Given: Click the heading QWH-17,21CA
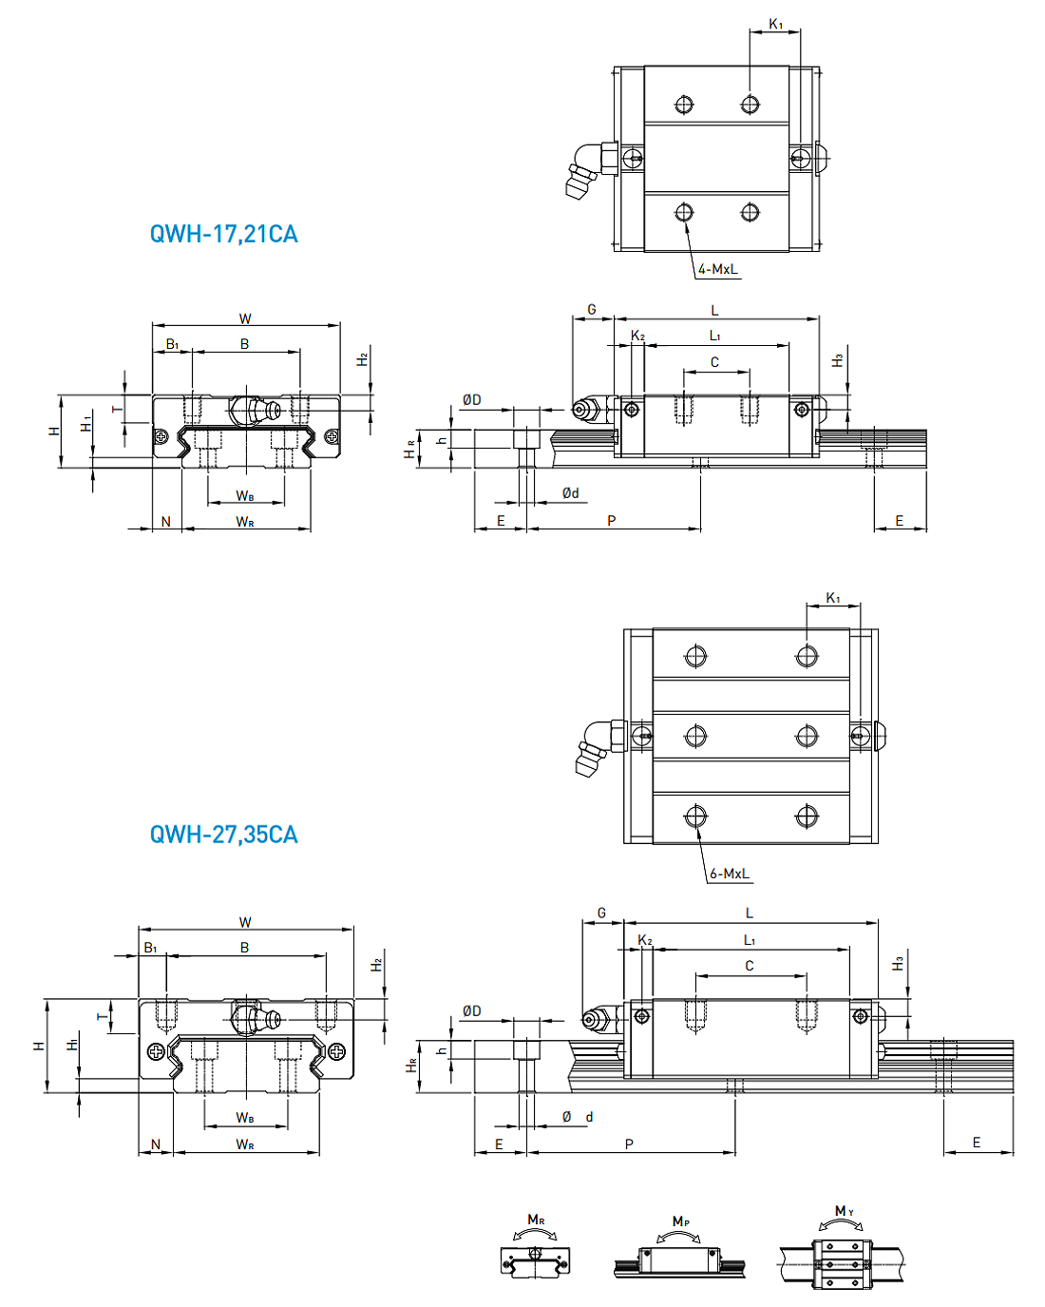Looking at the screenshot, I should coord(223,234).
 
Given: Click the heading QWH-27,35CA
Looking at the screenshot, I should coord(223,835).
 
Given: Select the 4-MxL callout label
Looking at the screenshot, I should coord(717,269).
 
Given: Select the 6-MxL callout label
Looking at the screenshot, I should coord(729,874).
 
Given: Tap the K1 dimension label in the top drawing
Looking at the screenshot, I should coord(776,24).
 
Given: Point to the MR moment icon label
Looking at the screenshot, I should coord(536,1220).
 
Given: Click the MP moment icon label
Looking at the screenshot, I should coord(680,1221).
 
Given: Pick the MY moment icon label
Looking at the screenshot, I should coord(844,1211).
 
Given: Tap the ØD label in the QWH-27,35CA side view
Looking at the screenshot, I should coord(471,1010).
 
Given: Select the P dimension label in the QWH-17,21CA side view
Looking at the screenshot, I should coord(611,520).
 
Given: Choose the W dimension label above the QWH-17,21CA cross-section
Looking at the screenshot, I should coord(245,318).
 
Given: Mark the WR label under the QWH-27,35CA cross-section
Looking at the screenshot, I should coord(245,1144).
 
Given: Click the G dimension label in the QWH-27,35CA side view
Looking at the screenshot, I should coord(601,913).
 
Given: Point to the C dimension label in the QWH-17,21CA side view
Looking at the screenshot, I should coord(714,362).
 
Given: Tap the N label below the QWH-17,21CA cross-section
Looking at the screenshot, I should coord(166,521).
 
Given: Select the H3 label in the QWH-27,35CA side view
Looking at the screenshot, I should coord(898,964).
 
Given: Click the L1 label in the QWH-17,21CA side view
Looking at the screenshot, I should coord(714,336).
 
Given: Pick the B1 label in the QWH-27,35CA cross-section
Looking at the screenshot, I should coord(150,948).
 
